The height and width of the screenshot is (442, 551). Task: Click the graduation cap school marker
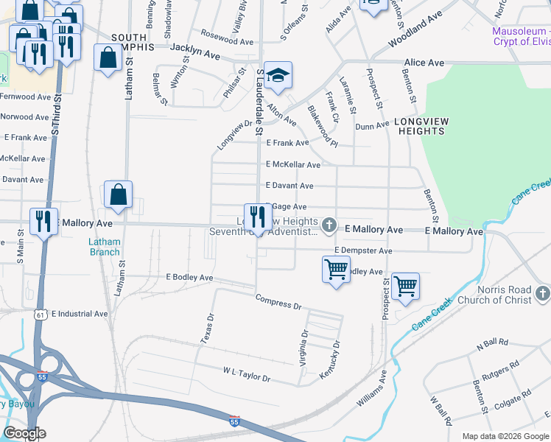tap(278, 75)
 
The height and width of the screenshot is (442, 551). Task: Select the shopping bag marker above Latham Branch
tap(118, 195)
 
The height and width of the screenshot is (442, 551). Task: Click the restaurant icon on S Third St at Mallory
tap(43, 221)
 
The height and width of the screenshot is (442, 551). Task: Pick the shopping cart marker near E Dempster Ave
tap(336, 270)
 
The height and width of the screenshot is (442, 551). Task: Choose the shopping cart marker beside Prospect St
tap(406, 286)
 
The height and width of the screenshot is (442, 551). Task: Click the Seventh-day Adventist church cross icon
tap(329, 224)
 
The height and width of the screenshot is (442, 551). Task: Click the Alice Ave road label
tap(424, 63)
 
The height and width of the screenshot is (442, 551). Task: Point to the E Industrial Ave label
tap(80, 314)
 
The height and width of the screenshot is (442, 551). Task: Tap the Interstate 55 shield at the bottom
tap(234, 421)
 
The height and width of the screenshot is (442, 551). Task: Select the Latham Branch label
tap(105, 247)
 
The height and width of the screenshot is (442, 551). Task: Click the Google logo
tap(25, 433)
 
